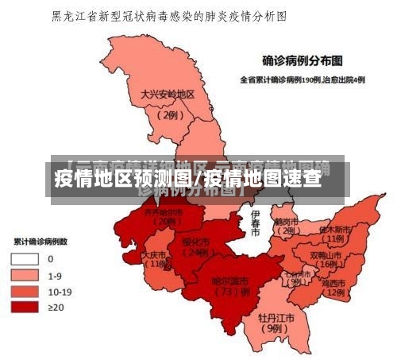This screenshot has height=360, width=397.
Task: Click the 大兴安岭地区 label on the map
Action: click(168, 94)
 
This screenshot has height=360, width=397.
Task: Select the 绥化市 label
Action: click(195, 242)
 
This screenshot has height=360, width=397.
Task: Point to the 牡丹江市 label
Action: click(276, 317)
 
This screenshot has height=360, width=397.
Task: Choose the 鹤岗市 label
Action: click(285, 222)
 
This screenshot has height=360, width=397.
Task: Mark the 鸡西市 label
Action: click(333, 283)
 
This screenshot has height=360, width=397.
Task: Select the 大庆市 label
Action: click(155, 256)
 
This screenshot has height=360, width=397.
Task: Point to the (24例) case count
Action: click(195, 253)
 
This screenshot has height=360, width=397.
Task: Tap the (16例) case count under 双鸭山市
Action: click(327, 265)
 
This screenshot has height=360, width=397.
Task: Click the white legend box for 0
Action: click(25, 259)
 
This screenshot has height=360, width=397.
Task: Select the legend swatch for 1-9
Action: click(25, 275)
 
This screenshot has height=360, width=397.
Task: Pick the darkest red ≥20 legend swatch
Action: click(25, 307)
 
